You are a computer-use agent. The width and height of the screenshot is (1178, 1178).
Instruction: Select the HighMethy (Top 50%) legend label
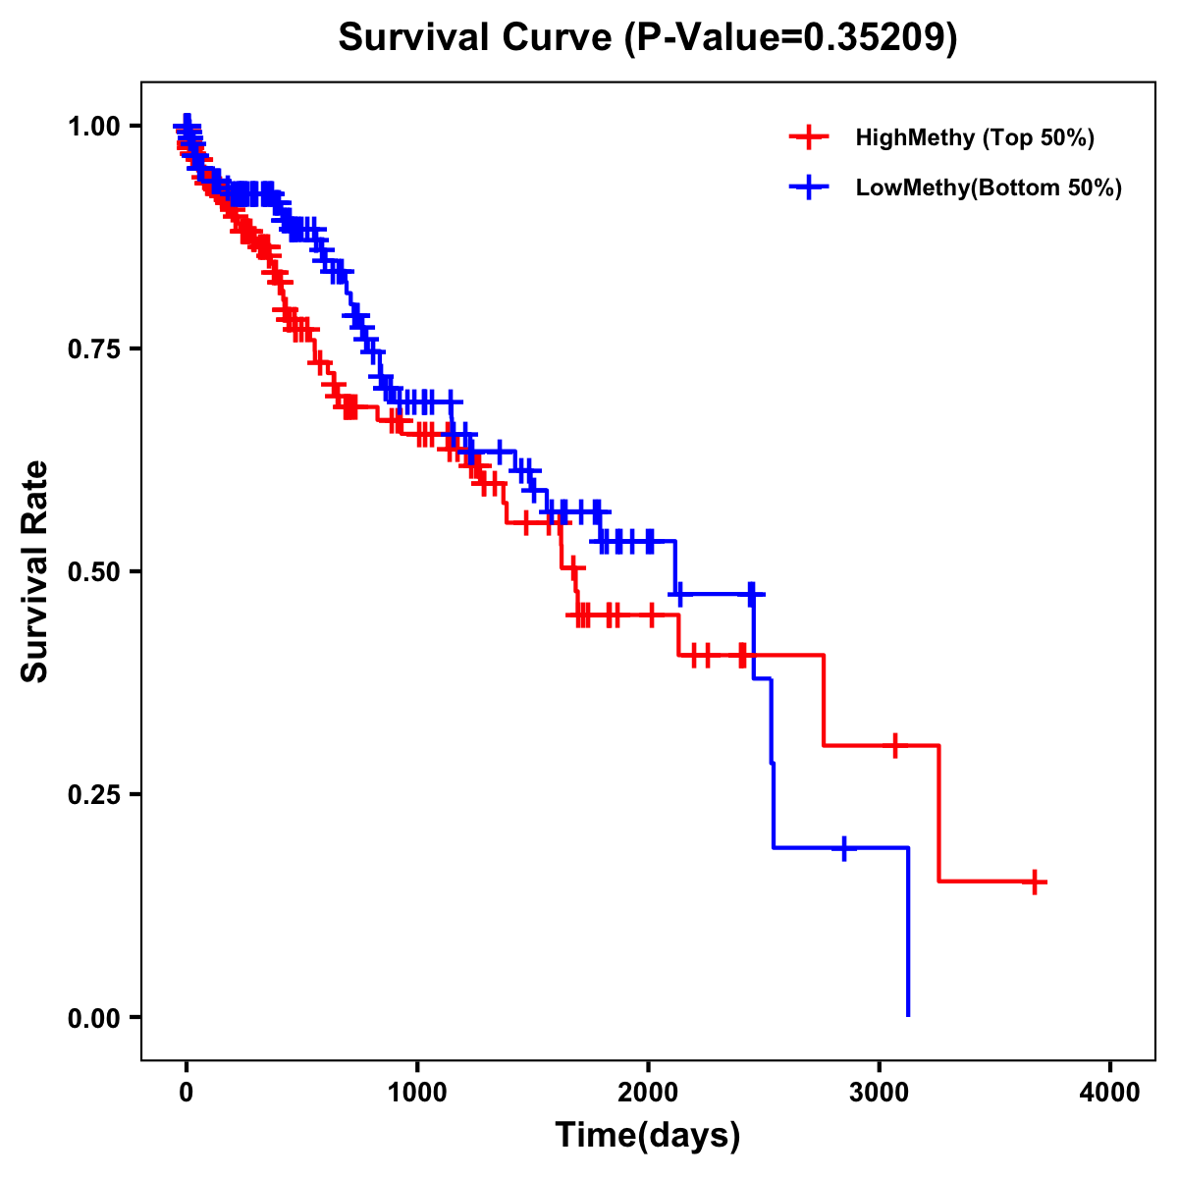pyautogui.click(x=974, y=137)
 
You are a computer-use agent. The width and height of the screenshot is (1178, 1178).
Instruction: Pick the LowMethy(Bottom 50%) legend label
pyautogui.click(x=989, y=187)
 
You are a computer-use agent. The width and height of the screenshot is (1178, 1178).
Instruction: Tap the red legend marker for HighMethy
pyautogui.click(x=808, y=137)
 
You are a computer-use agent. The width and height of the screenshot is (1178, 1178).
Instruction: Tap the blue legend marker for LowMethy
pyautogui.click(x=808, y=187)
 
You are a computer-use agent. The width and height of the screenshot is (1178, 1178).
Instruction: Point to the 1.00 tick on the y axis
pyautogui.click(x=94, y=126)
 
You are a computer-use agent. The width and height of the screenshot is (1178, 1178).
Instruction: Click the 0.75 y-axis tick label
pyautogui.click(x=94, y=348)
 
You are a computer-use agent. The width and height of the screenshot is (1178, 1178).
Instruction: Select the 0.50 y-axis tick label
pyautogui.click(x=94, y=571)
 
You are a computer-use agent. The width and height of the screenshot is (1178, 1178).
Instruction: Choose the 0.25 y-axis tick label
pyautogui.click(x=94, y=794)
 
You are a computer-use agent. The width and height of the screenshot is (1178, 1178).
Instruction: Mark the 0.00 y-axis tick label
pyautogui.click(x=94, y=1017)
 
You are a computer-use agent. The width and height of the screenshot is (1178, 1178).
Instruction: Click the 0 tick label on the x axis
pyautogui.click(x=187, y=1093)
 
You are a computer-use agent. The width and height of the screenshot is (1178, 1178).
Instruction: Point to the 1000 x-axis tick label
pyautogui.click(x=417, y=1093)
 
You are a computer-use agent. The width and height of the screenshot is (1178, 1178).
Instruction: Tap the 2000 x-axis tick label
pyautogui.click(x=648, y=1093)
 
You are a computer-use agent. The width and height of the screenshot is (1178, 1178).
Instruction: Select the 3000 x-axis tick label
pyautogui.click(x=880, y=1093)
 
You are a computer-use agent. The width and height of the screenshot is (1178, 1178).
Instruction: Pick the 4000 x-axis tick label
pyautogui.click(x=1110, y=1093)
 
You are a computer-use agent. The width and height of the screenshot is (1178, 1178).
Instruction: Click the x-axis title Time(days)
pyautogui.click(x=648, y=1136)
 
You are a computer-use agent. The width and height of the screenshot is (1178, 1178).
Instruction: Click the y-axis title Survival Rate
pyautogui.click(x=35, y=571)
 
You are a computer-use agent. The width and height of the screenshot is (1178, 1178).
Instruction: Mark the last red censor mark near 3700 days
pyautogui.click(x=1034, y=882)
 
